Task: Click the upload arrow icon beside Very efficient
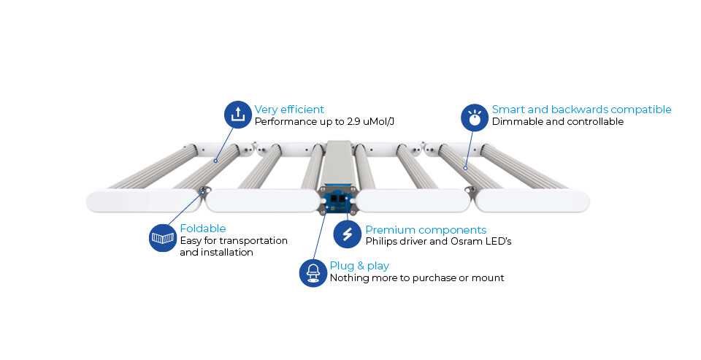click(x=237, y=115)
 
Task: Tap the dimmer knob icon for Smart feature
click(x=475, y=118)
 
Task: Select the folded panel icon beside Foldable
click(x=162, y=238)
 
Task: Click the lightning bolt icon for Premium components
click(x=347, y=234)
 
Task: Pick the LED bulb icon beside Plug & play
click(x=313, y=272)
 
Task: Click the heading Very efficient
click(x=289, y=110)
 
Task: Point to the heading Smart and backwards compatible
click(x=581, y=110)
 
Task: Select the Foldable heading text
click(x=202, y=229)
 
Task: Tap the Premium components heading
click(x=426, y=230)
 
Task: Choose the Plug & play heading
click(x=359, y=266)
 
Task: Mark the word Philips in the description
click(x=383, y=241)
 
